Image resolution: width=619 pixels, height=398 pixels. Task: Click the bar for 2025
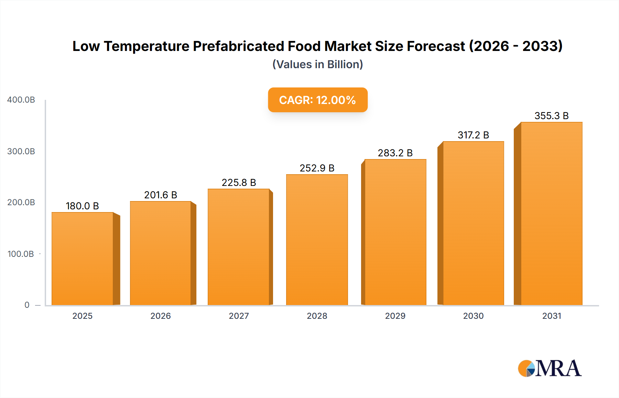click(x=83, y=258)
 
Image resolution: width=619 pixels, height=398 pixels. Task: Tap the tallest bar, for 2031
click(x=551, y=213)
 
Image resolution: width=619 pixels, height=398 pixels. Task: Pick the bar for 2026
click(x=160, y=253)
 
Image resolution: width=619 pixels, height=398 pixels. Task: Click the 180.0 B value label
click(x=83, y=206)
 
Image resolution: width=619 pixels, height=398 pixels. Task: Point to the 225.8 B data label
click(x=239, y=182)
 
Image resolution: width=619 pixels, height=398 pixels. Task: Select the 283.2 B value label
click(x=395, y=153)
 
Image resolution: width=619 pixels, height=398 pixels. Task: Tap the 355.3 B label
click(x=551, y=116)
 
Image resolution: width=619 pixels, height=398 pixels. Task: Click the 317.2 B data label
click(x=473, y=135)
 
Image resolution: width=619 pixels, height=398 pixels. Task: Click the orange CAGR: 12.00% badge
click(x=317, y=100)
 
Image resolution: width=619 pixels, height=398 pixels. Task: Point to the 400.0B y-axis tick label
click(x=21, y=100)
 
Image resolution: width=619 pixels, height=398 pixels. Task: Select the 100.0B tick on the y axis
click(x=21, y=254)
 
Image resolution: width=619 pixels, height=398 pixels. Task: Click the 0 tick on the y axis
click(x=27, y=305)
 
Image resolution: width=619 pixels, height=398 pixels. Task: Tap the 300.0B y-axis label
click(x=21, y=151)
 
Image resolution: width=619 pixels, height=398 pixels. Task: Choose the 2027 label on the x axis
click(x=239, y=316)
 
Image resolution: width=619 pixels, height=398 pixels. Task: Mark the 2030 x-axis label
click(x=473, y=316)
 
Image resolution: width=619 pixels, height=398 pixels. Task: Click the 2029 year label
click(x=395, y=316)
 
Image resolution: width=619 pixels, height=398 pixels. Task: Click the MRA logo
click(x=550, y=368)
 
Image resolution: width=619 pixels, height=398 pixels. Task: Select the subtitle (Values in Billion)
click(x=317, y=64)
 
